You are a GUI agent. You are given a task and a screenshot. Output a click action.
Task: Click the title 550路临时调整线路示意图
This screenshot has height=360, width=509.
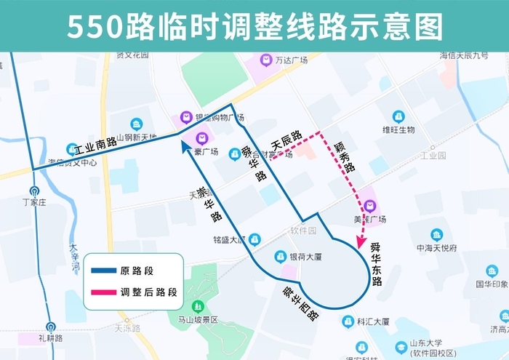coord(254,26)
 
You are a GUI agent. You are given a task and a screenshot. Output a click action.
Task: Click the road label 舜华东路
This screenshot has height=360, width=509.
coord(375,263)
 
